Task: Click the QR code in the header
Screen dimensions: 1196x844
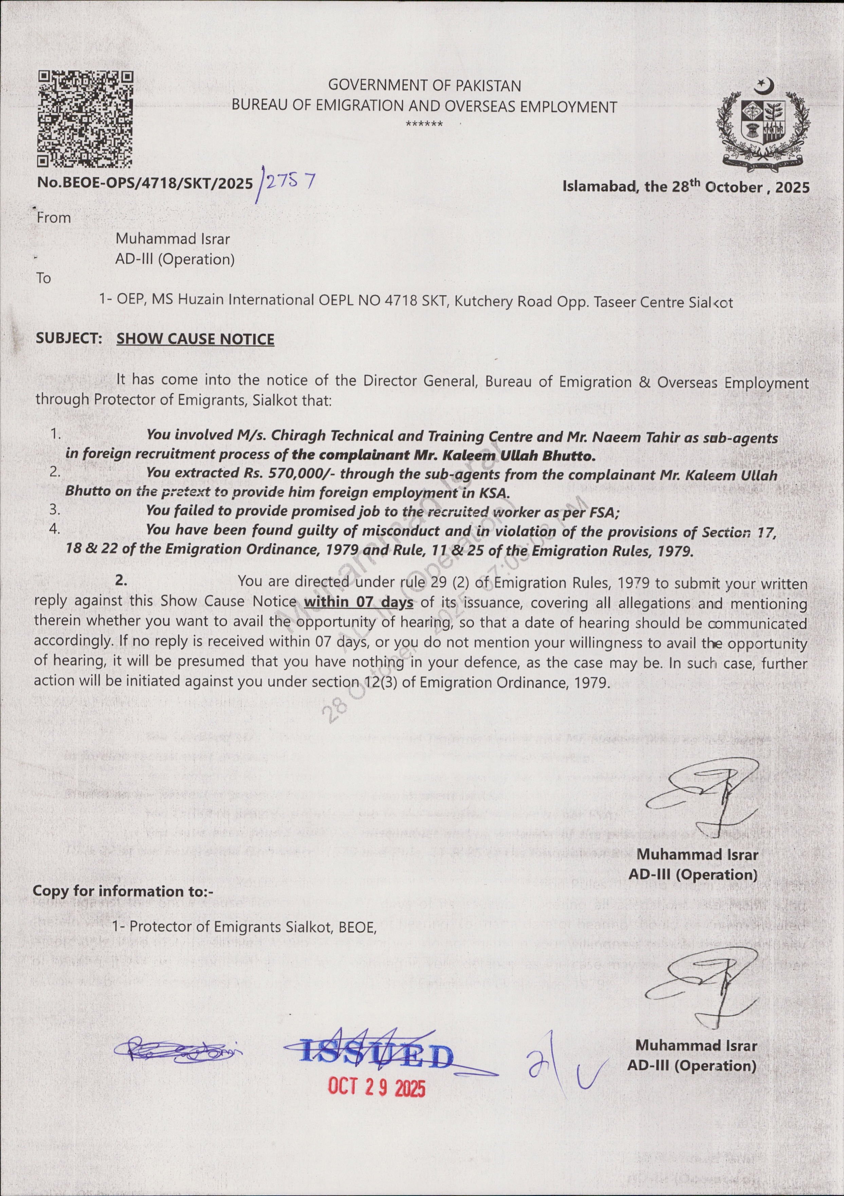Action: point(85,119)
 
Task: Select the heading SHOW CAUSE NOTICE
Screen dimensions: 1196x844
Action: point(195,339)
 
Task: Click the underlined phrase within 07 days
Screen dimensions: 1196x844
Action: point(359,603)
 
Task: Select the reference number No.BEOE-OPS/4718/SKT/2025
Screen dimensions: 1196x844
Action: point(145,183)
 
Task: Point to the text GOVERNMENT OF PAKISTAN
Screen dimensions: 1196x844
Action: point(425,86)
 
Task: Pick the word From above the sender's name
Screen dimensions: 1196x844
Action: point(54,218)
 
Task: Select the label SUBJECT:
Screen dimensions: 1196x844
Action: point(69,338)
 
